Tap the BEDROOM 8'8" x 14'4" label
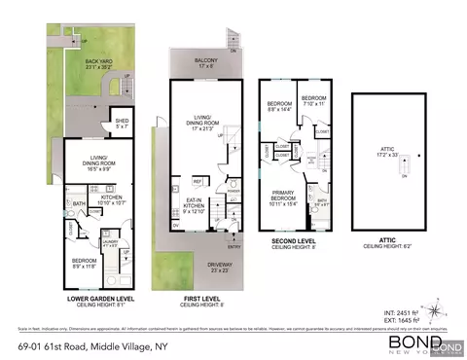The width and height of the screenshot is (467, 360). [x=281, y=104]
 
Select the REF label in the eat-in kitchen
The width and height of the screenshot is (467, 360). [x=198, y=182]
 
